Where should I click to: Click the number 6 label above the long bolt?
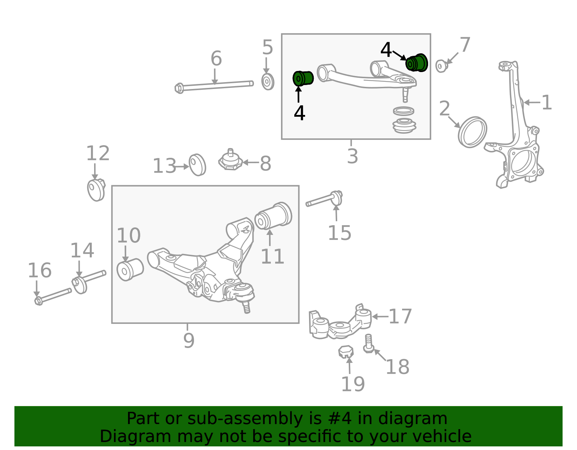coord(216,58)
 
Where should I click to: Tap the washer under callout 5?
coord(268,82)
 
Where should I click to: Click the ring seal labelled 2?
coord(472,132)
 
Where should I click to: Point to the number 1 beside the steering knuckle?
coord(547,102)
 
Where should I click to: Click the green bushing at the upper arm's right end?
coord(417,63)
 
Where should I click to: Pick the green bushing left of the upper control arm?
coord(303,78)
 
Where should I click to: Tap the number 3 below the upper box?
coord(353,156)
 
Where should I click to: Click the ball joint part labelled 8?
coord(230,160)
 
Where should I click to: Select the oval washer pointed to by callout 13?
coord(197,165)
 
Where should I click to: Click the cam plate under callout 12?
coord(96,190)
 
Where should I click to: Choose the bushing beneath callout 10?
coord(130,269)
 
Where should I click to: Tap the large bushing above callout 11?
coord(273,215)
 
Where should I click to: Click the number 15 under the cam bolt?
coord(339,233)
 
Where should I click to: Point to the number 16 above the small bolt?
coord(40,270)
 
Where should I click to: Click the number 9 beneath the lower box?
coord(189,340)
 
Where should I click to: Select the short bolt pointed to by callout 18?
coord(369,344)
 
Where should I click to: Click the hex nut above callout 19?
coord(346,352)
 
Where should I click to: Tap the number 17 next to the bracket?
coord(400,316)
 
